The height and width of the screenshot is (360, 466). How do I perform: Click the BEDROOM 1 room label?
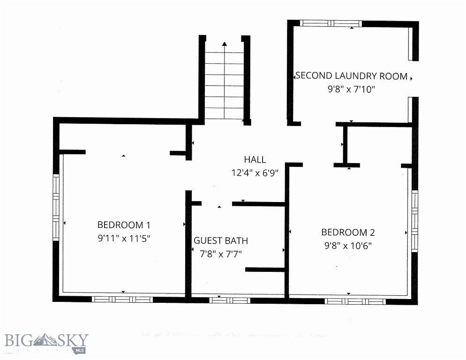pos(124,224)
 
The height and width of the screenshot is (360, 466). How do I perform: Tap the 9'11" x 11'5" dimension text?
pos(124,238)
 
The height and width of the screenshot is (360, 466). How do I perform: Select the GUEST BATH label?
pos(221,240)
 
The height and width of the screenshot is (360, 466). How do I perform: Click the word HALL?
pos(255,159)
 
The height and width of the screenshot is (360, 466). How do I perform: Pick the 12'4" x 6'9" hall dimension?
pos(255,172)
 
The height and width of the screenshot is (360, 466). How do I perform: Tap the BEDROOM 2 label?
pos(348,232)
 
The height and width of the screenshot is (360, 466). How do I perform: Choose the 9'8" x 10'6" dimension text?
pos(347,245)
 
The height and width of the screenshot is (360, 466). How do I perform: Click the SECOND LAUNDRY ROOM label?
pos(351,76)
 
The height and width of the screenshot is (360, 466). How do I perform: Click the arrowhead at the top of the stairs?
pos(225,44)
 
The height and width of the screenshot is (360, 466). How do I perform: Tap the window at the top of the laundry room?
pos(331,23)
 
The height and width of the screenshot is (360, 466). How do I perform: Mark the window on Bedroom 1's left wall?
pos(56,207)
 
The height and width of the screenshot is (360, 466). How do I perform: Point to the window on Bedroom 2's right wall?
pos(414,220)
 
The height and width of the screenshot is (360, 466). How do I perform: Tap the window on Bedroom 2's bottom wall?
pos(355,301)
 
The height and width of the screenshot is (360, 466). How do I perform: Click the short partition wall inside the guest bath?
pos(265,270)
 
